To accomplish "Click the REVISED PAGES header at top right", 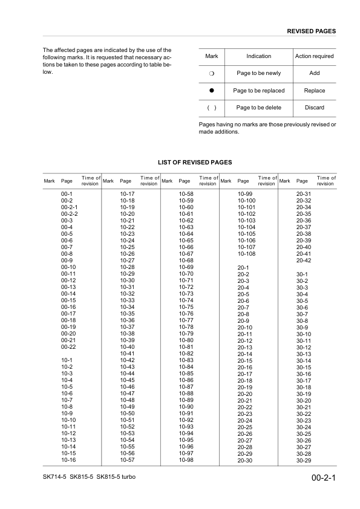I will click(311, 31).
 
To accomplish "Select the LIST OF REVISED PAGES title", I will click(195, 163).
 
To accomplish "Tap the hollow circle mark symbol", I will click(212, 73).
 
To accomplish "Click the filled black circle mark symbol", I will click(212, 91).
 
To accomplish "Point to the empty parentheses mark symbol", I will click(212, 108).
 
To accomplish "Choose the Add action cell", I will click(314, 73).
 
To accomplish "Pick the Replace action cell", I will click(314, 91).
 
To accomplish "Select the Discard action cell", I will click(314, 108).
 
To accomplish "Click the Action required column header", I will click(314, 56).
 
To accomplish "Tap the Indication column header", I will click(259, 56).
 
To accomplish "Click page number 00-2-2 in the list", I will click(70, 214).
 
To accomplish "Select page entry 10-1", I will click(67, 360).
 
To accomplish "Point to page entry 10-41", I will click(127, 353).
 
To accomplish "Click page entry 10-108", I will click(246, 254).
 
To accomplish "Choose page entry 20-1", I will click(243, 267).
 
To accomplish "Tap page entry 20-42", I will click(303, 261).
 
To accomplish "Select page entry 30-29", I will click(303, 460).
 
